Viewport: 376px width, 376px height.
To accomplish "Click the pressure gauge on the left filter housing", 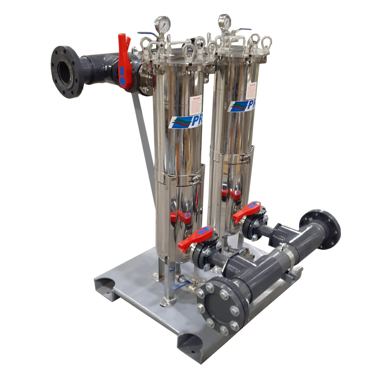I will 162,25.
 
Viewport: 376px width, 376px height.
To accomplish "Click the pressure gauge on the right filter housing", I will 224,22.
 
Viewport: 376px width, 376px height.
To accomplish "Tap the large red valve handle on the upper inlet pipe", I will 124,62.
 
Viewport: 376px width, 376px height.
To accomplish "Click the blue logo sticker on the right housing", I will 241,105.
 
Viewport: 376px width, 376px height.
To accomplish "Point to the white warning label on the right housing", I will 250,90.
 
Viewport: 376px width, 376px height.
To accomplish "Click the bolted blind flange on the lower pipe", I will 219,305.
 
